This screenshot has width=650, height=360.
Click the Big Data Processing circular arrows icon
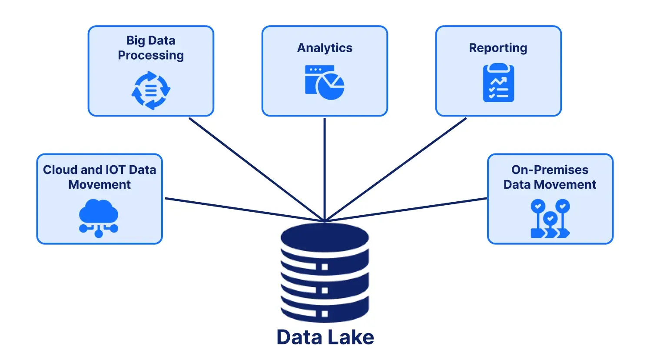tap(151, 90)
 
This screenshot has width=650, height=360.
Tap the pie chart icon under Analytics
tap(325, 82)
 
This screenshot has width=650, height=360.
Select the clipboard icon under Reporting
tap(498, 83)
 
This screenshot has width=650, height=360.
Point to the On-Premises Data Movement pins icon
tap(550, 218)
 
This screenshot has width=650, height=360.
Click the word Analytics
tap(325, 48)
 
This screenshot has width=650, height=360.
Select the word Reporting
tap(498, 48)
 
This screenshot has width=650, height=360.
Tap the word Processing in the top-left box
tap(151, 56)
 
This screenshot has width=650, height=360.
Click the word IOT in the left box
tap(113, 170)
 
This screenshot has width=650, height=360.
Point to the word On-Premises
tap(550, 170)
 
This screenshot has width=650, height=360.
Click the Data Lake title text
tap(325, 337)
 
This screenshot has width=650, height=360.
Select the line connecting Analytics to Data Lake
tap(325, 170)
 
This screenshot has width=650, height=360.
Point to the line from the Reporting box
tap(395, 169)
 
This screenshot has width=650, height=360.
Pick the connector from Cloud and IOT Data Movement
tap(243, 210)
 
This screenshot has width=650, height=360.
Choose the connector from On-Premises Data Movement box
tap(406, 210)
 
